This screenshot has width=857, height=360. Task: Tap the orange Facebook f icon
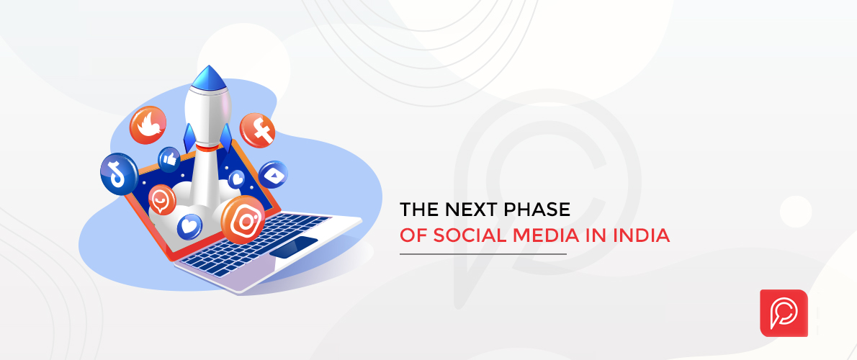point(258,130)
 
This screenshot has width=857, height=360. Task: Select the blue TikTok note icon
point(119,174)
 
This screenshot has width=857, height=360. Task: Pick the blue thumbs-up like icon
point(169,158)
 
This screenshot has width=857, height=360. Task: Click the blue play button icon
point(274,175)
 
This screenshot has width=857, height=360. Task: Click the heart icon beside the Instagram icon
point(189,226)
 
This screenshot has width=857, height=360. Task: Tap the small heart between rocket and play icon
point(236,178)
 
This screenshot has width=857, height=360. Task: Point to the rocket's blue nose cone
point(211,76)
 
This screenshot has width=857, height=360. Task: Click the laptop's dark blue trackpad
point(294,246)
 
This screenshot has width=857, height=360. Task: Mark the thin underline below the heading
point(483,254)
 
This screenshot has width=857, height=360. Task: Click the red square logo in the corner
point(784,312)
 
